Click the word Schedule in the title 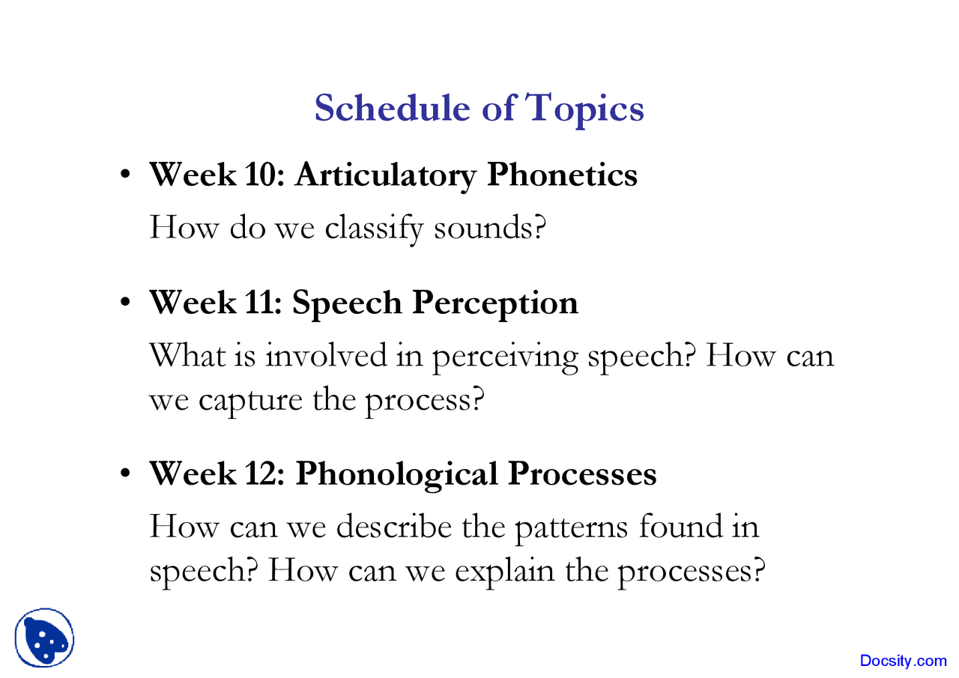pos(392,107)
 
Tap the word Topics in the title pos(584,109)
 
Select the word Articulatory pos(385,177)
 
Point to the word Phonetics pos(562,175)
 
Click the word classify pos(374,229)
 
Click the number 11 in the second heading pos(260,303)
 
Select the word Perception pos(495,305)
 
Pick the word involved pos(326,355)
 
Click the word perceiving pos(505,358)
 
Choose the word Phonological pos(396,476)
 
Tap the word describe pos(394,526)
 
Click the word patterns pos(571,530)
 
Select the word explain pos(505,573)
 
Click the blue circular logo pos(44,638)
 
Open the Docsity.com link pos(904,662)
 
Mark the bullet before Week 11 pos(125,302)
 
